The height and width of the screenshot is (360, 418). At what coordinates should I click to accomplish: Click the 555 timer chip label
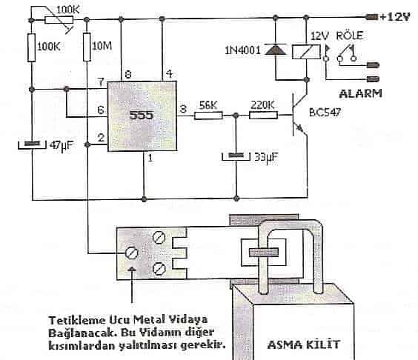coord(142,115)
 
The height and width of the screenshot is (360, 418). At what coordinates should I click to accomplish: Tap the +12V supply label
coord(395,17)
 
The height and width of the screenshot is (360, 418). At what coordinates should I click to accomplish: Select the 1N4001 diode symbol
coord(276,50)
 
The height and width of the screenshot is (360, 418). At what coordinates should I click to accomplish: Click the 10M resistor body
coord(87,47)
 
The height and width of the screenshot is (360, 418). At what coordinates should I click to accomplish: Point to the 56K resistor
coord(208,116)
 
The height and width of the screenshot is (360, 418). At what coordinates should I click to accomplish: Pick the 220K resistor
coord(263,115)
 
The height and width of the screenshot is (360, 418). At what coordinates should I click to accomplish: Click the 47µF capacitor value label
coord(62,146)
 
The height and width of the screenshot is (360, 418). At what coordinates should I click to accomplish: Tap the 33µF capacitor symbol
coord(236,156)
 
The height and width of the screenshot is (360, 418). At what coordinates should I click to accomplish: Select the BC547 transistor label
coord(325,112)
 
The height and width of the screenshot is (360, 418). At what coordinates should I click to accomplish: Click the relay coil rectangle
coord(306,52)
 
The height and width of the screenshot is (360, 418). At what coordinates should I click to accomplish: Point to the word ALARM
coord(361,93)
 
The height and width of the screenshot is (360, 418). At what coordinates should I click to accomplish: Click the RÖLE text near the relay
coord(350,36)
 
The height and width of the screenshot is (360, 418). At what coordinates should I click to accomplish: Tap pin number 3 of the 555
coord(183,109)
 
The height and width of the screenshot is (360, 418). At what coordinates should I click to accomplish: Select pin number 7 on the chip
coord(101,81)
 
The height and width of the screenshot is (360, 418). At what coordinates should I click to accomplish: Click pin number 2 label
coord(101,138)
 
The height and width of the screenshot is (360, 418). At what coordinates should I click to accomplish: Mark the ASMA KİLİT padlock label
coord(304,344)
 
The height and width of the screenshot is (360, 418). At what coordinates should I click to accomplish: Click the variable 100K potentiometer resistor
coord(59,20)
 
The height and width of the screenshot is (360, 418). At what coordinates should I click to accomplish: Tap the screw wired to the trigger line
coord(131,253)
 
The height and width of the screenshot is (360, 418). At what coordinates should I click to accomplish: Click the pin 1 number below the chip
coord(150,159)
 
